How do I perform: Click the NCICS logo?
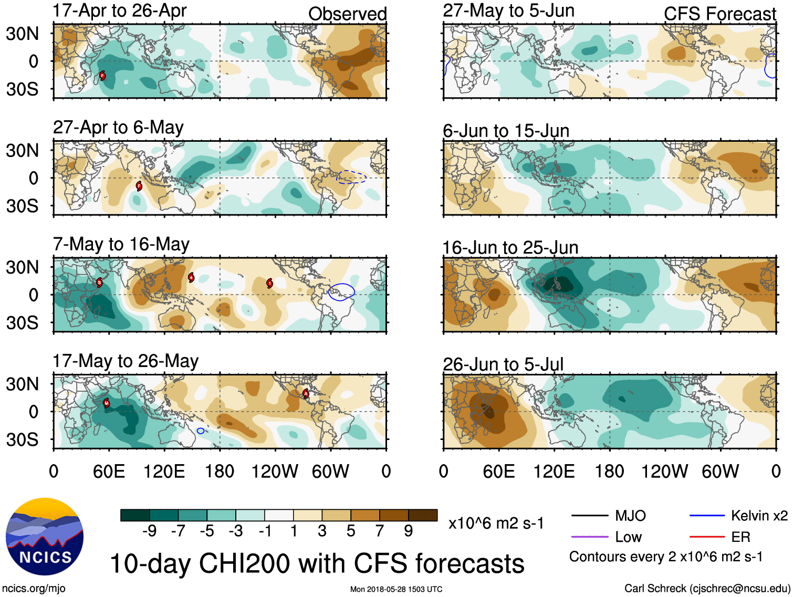click(45, 536)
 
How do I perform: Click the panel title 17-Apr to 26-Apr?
click(119, 11)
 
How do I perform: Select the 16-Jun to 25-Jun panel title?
click(510, 247)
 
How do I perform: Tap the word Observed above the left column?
click(347, 14)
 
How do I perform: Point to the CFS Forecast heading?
click(719, 14)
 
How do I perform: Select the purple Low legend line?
click(589, 537)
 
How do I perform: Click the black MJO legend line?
click(589, 516)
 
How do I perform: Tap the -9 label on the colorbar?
click(149, 531)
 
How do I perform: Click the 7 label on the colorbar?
click(379, 531)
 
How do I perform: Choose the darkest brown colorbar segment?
click(423, 515)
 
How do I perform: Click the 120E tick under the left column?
click(164, 472)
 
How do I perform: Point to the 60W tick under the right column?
click(720, 472)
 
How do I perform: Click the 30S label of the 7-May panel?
click(22, 322)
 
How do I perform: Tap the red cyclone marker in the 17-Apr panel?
click(102, 76)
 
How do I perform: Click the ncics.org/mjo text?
click(34, 589)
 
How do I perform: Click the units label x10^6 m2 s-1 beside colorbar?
click(496, 523)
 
